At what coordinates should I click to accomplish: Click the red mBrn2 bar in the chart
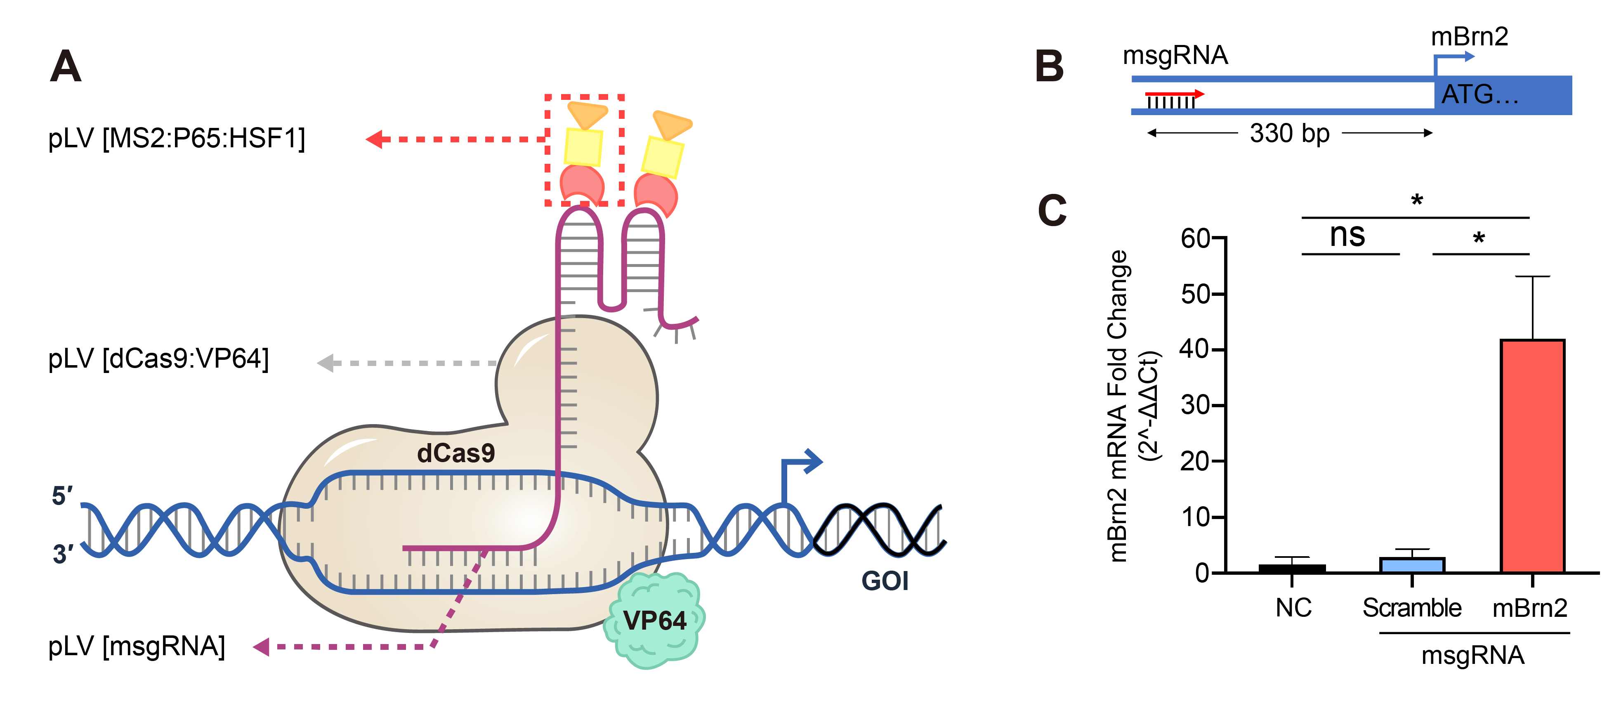coord(1532,456)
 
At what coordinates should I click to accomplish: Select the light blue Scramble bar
coord(1411,564)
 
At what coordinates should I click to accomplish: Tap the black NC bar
coord(1292,568)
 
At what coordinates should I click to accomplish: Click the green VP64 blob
coord(654,621)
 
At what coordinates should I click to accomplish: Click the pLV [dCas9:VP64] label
coord(158,359)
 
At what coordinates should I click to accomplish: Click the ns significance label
coord(1347,235)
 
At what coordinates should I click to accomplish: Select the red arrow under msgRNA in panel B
coord(1174,94)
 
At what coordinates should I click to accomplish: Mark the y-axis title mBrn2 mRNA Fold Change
coord(1118,406)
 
